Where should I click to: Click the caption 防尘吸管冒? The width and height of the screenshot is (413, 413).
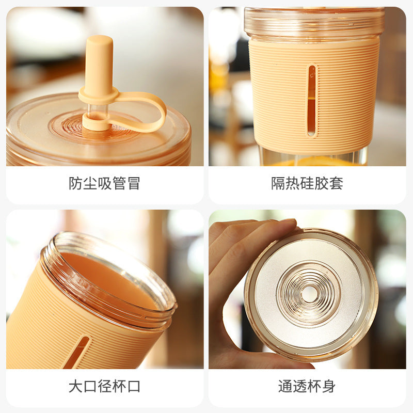click(x=104, y=183)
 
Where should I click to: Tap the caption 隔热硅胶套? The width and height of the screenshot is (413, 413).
click(x=307, y=183)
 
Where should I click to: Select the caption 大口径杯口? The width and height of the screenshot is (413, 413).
click(x=104, y=386)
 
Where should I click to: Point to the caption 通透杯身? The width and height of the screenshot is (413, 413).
click(x=307, y=386)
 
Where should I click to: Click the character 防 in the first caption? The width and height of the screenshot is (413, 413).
click(x=75, y=183)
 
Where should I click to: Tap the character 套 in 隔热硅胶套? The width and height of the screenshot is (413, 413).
click(x=337, y=183)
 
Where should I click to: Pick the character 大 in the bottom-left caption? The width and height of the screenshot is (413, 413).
click(x=75, y=386)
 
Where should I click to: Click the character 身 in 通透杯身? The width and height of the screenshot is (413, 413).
click(x=329, y=386)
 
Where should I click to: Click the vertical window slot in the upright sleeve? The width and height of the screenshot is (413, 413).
click(x=312, y=101)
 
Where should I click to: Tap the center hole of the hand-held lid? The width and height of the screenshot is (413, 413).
click(x=309, y=294)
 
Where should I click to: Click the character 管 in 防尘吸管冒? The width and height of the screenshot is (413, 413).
click(x=119, y=183)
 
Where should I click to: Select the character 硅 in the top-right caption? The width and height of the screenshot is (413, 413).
click(x=307, y=183)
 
